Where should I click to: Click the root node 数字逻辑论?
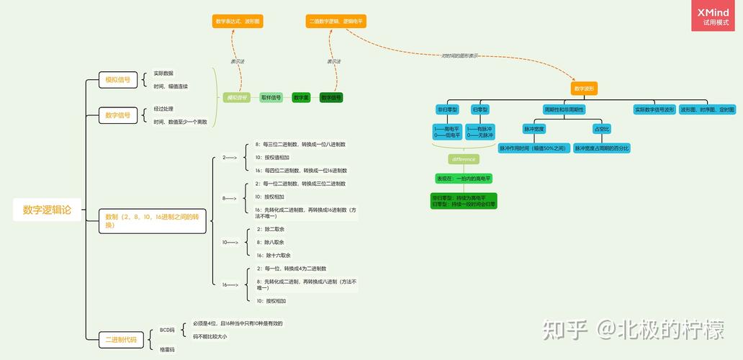47,210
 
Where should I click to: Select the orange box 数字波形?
584,89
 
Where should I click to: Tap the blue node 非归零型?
447,109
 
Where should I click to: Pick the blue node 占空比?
601,129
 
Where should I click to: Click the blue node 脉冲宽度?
534,129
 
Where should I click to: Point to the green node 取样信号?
271,97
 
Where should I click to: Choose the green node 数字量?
301,97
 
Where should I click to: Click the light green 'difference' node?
463,159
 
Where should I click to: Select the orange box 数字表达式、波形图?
238,22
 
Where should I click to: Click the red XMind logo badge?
713,16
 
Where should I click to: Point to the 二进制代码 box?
120,339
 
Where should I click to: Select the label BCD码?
167,330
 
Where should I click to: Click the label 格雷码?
167,349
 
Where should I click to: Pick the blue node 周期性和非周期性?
564,109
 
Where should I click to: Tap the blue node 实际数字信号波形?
654,109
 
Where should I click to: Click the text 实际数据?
163,73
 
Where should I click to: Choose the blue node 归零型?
480,109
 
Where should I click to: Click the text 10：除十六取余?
274,255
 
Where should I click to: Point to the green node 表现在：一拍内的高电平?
464,178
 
